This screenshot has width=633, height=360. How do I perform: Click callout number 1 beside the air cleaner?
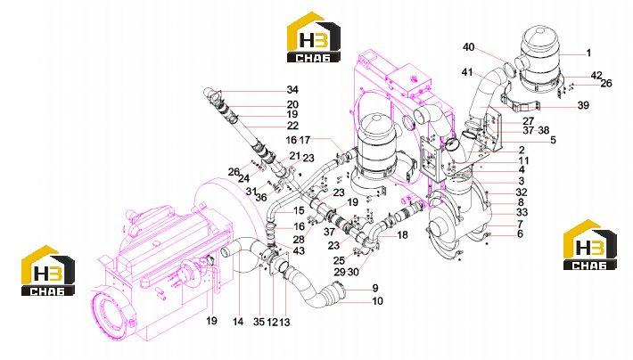pyautogui.click(x=588, y=53)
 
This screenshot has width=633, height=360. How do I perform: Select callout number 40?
pyautogui.click(x=468, y=47)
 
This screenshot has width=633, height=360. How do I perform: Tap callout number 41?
pyautogui.click(x=466, y=72)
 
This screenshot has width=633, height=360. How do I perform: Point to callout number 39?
pyautogui.click(x=583, y=105)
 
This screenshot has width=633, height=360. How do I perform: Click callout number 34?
pyautogui.click(x=292, y=90)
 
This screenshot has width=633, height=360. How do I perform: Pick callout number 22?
pyautogui.click(x=292, y=126)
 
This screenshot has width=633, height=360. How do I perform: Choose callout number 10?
pyautogui.click(x=377, y=301)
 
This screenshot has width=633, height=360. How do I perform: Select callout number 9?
pyautogui.click(x=375, y=288)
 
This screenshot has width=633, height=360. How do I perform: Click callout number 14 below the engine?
pyautogui.click(x=238, y=322)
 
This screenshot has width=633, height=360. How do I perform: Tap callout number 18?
pyautogui.click(x=402, y=235)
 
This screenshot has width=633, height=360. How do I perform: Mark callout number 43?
pyautogui.click(x=299, y=251)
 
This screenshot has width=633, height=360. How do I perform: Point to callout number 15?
pyautogui.click(x=299, y=210)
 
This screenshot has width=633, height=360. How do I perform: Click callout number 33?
pyautogui.click(x=522, y=212)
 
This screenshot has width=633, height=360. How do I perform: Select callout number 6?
pyautogui.click(x=520, y=233)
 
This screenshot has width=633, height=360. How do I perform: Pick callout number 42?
pyautogui.click(x=596, y=76)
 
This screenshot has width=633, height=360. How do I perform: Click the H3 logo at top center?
pyautogui.click(x=314, y=37)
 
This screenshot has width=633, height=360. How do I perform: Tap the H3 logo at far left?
pyautogui.click(x=48, y=270)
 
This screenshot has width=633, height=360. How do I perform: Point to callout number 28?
pyautogui.click(x=299, y=241)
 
